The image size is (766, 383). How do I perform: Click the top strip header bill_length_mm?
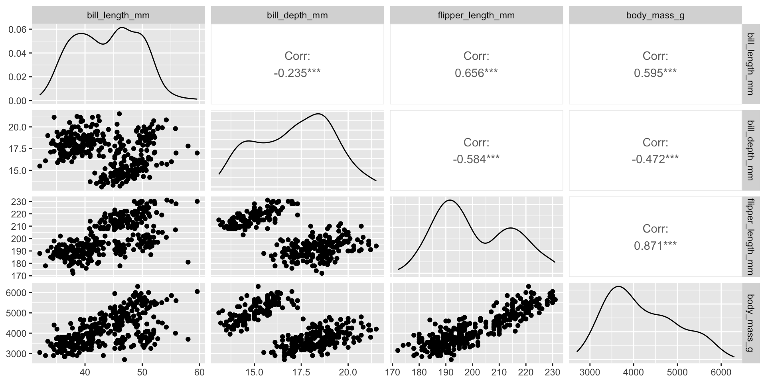point(118,16)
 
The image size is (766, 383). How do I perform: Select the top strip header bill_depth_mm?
point(297,16)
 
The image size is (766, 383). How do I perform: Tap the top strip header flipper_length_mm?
point(476,16)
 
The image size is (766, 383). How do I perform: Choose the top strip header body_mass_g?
point(655,16)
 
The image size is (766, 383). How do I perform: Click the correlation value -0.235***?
point(297,73)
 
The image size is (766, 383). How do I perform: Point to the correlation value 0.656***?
point(476,73)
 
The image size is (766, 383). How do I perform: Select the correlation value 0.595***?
point(655,73)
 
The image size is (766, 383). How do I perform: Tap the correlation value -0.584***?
point(476,160)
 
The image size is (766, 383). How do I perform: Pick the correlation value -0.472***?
point(655,160)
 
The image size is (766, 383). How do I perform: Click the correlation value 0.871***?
point(655,246)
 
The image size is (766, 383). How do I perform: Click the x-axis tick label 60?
point(199,373)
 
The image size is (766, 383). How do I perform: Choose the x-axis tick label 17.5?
point(301,373)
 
